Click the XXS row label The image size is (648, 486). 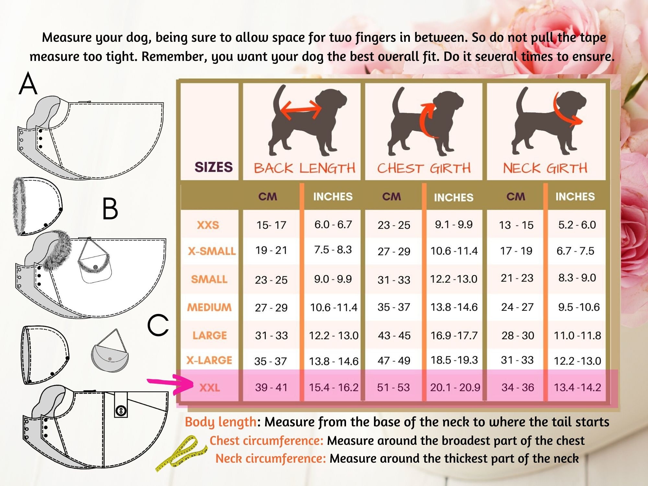click(208, 225)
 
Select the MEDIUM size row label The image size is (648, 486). click(209, 307)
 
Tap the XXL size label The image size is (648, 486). click(210, 388)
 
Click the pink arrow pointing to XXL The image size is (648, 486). click(170, 384)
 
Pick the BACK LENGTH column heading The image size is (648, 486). click(304, 168)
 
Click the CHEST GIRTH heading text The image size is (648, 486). click(424, 168)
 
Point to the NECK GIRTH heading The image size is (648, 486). click(545, 168)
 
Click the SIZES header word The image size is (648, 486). click(214, 167)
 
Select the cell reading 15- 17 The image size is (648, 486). click(271, 225)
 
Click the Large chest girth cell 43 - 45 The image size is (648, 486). click(394, 335)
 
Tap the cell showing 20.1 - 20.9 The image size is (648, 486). click(455, 388)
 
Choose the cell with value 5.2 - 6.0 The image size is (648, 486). click(577, 225)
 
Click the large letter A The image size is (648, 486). click(28, 84)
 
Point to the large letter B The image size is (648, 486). click(110, 209)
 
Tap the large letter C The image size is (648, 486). click(158, 325)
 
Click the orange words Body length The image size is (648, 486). click(221, 422)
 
